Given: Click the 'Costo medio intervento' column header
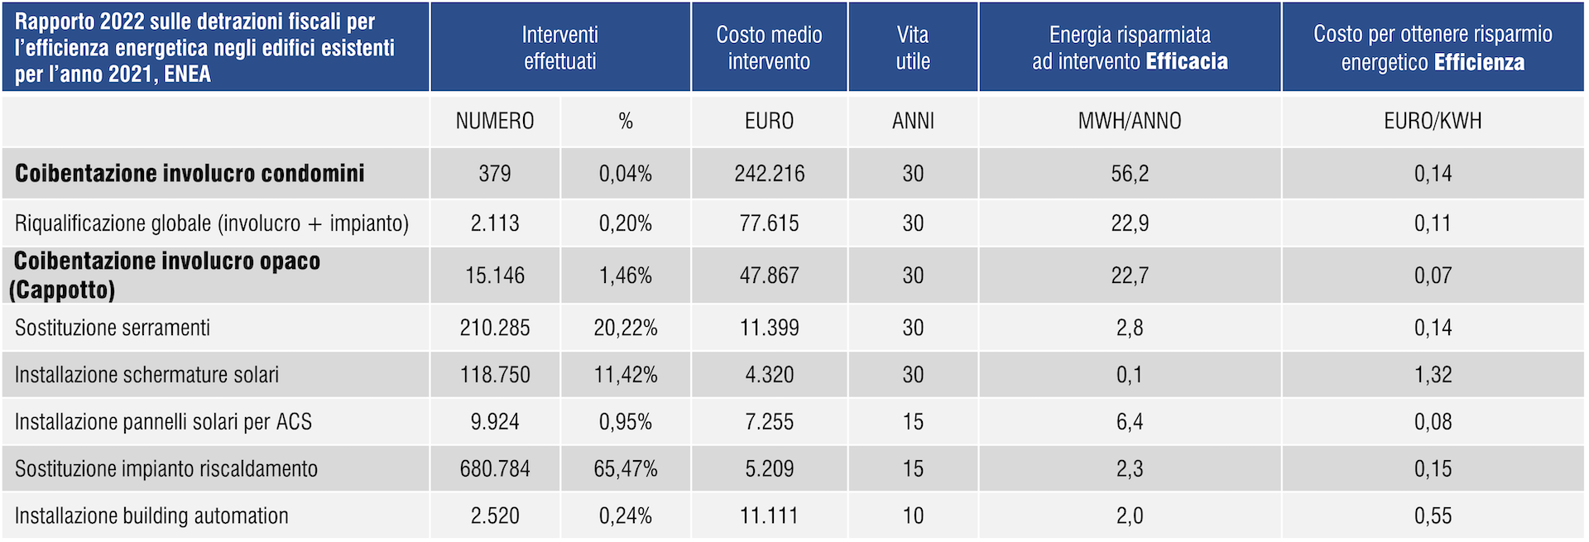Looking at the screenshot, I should click(x=769, y=47).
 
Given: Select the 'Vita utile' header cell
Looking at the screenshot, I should click(x=913, y=47).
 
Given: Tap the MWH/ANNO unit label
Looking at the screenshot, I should click(x=1130, y=121).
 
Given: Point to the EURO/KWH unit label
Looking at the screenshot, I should click(x=1433, y=121).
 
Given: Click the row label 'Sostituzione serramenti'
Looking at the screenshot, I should click(x=113, y=328).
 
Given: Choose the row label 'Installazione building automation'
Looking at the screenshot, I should click(x=151, y=516).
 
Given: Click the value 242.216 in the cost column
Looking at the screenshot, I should click(x=769, y=174).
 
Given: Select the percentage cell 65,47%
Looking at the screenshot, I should click(x=626, y=469).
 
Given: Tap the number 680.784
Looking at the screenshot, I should click(x=495, y=469).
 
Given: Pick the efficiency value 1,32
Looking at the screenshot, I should click(x=1433, y=375).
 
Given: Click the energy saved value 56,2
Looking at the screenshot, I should click(x=1130, y=174).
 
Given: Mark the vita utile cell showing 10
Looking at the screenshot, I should click(x=913, y=516).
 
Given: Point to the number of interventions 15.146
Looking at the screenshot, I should click(x=495, y=276).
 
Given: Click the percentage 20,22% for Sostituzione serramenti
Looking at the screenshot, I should click(x=626, y=328).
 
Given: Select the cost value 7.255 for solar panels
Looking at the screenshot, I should click(x=769, y=422).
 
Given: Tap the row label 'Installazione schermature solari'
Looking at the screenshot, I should click(x=146, y=375).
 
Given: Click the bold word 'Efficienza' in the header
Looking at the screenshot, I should click(x=1479, y=63).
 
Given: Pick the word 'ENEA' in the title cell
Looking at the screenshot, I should click(x=188, y=74).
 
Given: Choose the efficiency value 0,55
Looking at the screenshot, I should click(x=1433, y=516).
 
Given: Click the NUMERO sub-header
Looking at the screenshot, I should click(x=495, y=121).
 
